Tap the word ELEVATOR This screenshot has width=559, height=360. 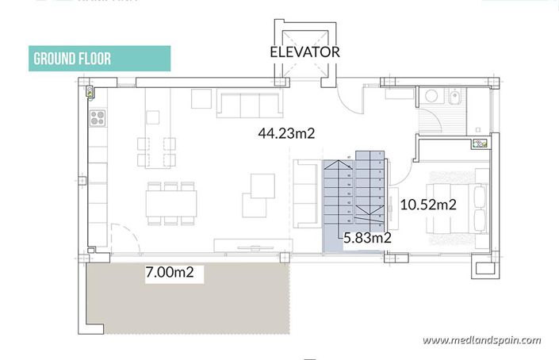[304, 52]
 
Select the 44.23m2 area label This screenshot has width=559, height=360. [286, 134]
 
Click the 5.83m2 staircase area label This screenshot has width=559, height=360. [368, 236]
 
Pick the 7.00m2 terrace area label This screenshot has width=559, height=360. [170, 274]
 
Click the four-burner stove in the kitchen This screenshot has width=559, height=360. [98, 119]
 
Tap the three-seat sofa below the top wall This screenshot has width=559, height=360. [249, 104]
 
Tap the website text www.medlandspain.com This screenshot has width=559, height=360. [481, 341]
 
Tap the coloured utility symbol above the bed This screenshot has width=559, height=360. [481, 144]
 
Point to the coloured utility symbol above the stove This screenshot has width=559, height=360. [90, 92]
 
